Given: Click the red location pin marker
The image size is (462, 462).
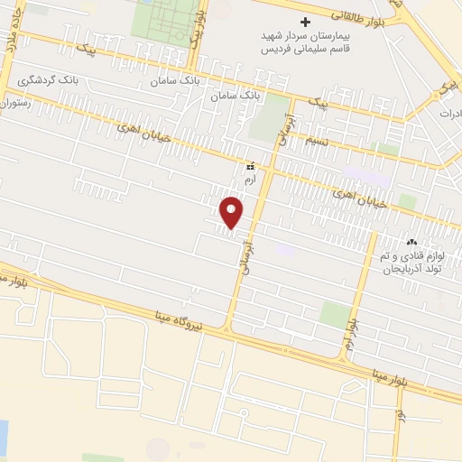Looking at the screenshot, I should coord(232,213).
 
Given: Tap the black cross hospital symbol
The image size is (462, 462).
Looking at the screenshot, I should coord(305,22).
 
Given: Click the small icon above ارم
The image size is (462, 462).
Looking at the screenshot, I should coord(251,167).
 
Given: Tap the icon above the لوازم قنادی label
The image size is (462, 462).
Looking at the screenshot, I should coord(411,241).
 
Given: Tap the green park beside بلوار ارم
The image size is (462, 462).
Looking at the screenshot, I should coord(335,315).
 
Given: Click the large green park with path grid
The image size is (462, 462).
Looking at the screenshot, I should coord(163,20).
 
